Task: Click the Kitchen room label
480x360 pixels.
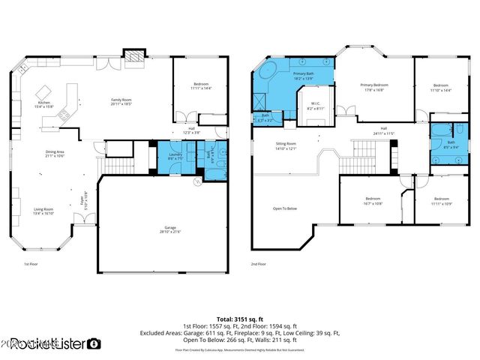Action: coord(43,104)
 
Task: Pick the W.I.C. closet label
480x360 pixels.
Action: coord(315,106)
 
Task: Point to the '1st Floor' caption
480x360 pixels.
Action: coord(33,264)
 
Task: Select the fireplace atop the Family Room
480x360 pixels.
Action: coord(133,55)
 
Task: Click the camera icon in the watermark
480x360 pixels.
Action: coord(94,343)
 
